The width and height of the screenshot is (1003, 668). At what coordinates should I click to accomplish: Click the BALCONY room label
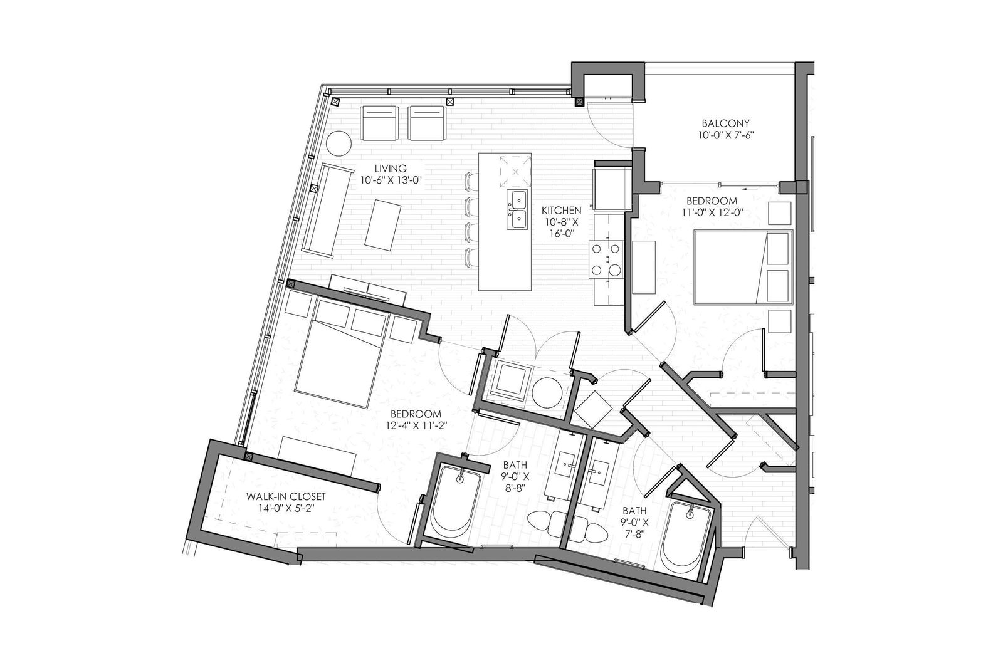tap(725, 123)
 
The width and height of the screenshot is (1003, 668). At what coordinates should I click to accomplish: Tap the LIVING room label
tap(391, 169)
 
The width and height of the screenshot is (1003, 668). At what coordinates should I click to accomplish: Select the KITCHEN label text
tap(562, 211)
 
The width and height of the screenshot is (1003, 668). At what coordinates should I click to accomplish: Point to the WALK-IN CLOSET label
tap(286, 496)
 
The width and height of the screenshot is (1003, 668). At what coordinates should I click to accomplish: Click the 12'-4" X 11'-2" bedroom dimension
tap(417, 425)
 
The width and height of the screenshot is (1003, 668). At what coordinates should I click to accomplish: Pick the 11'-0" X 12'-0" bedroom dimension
tap(712, 212)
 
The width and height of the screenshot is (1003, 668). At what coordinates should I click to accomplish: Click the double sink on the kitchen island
tap(517, 209)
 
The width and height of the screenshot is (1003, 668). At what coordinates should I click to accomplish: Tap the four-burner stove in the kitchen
tap(606, 259)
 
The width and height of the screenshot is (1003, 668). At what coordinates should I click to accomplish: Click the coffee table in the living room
tap(383, 224)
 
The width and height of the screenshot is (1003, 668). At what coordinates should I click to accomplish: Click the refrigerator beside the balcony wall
tap(612, 188)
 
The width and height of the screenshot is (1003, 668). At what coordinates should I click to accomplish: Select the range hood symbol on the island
tap(515, 172)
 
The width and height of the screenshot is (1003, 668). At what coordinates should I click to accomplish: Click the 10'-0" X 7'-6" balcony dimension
tap(725, 135)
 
